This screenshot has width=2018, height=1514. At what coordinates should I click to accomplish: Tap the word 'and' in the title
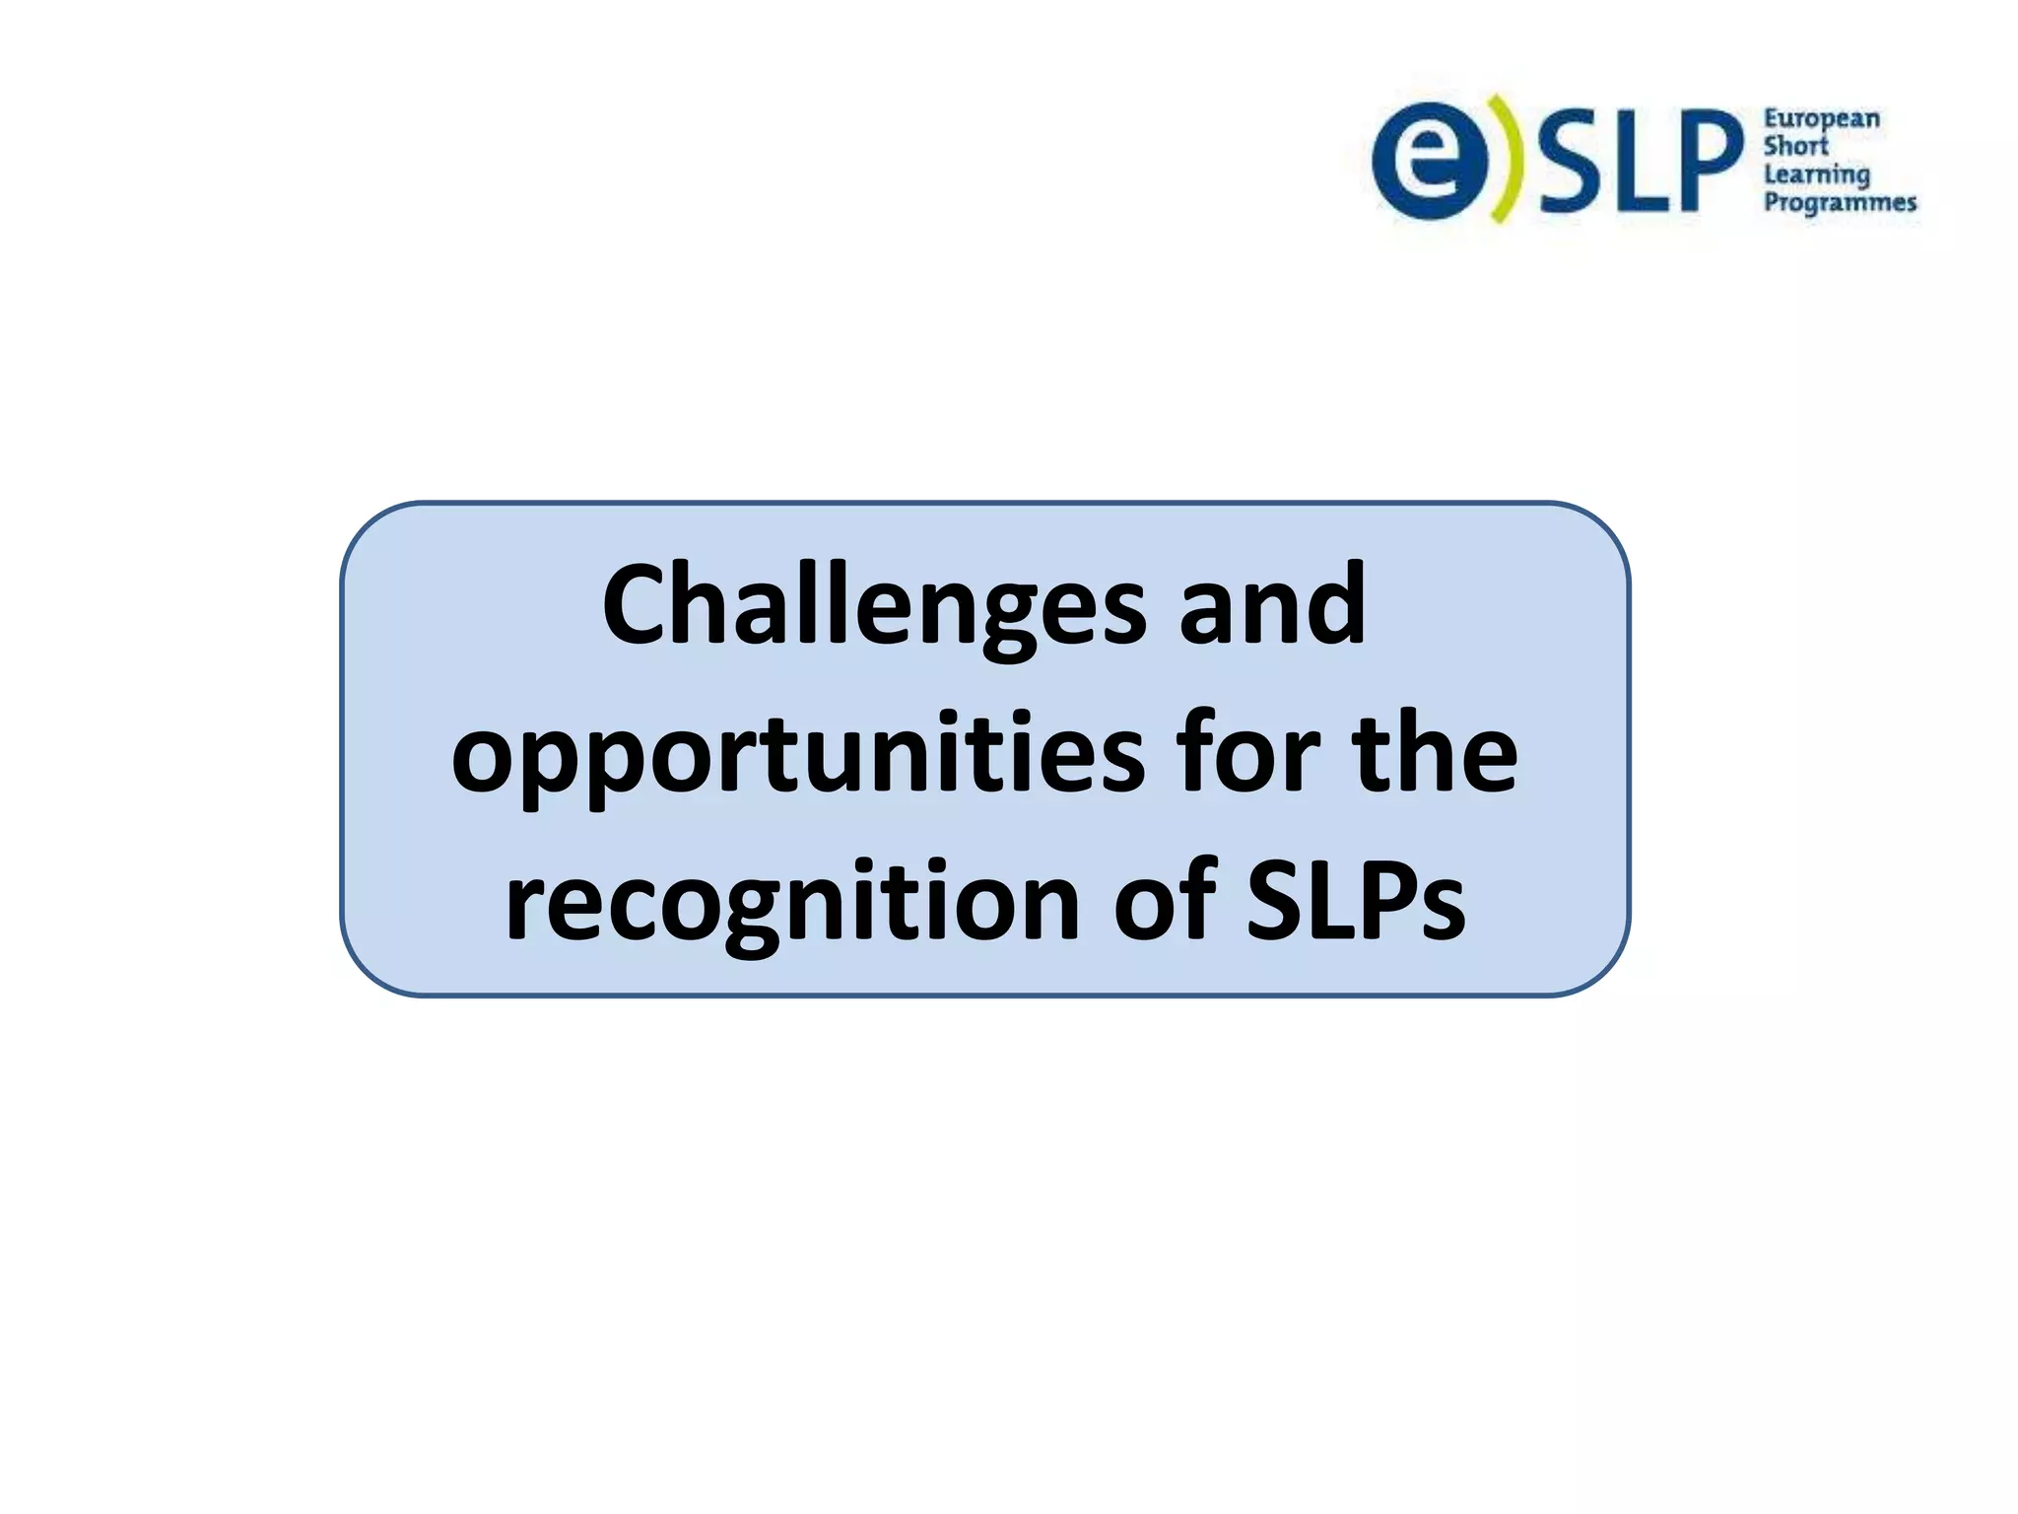1272,605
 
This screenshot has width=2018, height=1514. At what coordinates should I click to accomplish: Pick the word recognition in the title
792,903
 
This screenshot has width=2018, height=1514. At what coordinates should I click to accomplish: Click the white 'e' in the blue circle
1430,160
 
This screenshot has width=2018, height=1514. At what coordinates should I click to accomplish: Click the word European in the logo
1821,120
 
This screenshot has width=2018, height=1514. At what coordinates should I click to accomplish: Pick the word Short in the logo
1795,147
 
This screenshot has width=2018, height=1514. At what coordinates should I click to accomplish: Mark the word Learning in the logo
1816,175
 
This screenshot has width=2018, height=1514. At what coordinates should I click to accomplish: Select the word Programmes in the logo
1839,203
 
